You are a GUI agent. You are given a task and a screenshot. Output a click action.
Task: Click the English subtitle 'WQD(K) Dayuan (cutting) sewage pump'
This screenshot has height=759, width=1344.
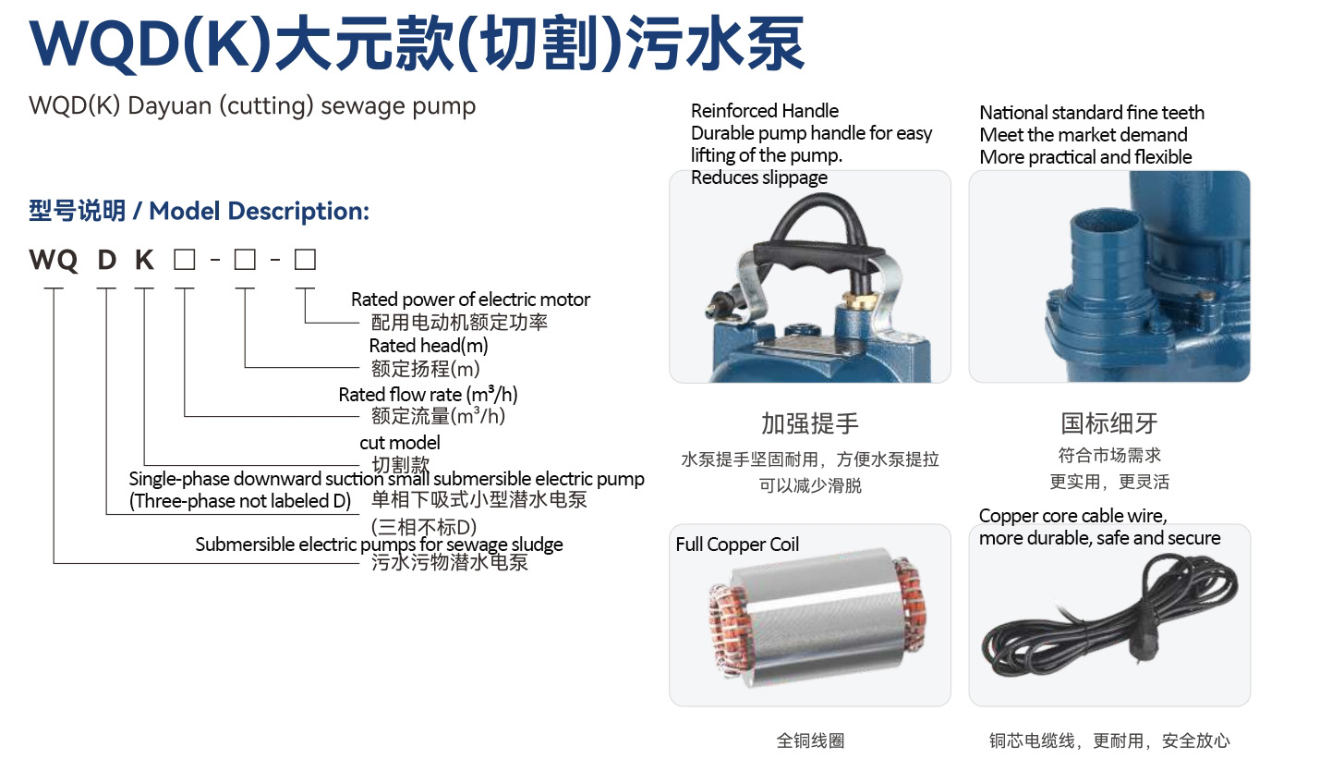pyautogui.click(x=252, y=106)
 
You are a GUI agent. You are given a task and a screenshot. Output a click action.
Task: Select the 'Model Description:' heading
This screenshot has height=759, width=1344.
pyautogui.click(x=259, y=212)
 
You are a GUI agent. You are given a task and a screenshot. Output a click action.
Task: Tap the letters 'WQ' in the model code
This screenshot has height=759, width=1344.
pyautogui.click(x=54, y=260)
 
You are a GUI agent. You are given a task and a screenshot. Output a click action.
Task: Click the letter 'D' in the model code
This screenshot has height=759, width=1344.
pyautogui.click(x=107, y=260)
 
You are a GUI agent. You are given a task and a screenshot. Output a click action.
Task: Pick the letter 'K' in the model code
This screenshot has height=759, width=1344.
pyautogui.click(x=145, y=260)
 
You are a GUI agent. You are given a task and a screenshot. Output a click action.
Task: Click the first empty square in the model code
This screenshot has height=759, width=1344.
pyautogui.click(x=184, y=260)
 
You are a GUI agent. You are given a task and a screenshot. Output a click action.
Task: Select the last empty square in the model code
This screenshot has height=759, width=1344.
pyautogui.click(x=305, y=260)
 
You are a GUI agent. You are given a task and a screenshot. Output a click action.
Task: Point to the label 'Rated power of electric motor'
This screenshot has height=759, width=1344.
pyautogui.click(x=470, y=299)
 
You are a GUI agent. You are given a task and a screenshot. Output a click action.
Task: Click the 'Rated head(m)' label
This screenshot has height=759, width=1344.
pyautogui.click(x=429, y=346)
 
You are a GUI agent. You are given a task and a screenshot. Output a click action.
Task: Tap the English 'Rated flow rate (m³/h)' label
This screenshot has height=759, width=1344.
pyautogui.click(x=428, y=394)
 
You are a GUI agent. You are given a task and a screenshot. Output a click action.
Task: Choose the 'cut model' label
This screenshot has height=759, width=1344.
pyautogui.click(x=400, y=443)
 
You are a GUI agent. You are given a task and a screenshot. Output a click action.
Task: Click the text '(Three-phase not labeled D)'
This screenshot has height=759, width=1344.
pyautogui.click(x=240, y=501)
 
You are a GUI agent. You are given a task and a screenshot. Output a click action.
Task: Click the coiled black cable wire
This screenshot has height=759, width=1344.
pyautogui.click(x=1110, y=618)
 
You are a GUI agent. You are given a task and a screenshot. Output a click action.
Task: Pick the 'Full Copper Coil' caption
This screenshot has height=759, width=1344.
pyautogui.click(x=737, y=544)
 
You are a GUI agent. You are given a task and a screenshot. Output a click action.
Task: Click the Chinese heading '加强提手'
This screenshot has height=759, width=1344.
pyautogui.click(x=810, y=423)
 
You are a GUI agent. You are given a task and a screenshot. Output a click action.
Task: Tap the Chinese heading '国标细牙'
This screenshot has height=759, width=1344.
pyautogui.click(x=1108, y=423)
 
